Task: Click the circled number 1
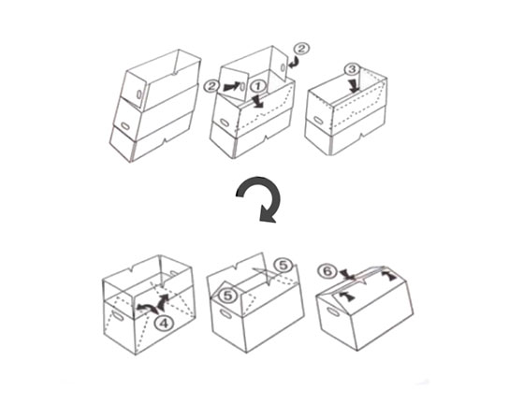[x=258, y=87]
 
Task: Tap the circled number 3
[x=353, y=69]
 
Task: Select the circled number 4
[x=165, y=323]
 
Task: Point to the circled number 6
[x=327, y=271]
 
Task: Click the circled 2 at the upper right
[x=301, y=49]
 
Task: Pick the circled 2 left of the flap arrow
[x=211, y=86]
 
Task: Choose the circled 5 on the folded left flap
[x=228, y=296]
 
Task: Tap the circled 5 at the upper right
[x=284, y=266]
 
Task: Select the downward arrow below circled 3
[x=355, y=85]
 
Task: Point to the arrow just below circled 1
[x=259, y=100]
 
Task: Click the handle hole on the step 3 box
[x=318, y=121]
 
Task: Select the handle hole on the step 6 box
[x=333, y=311]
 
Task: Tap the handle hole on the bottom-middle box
[x=226, y=314]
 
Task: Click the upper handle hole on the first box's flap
[x=138, y=94]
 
